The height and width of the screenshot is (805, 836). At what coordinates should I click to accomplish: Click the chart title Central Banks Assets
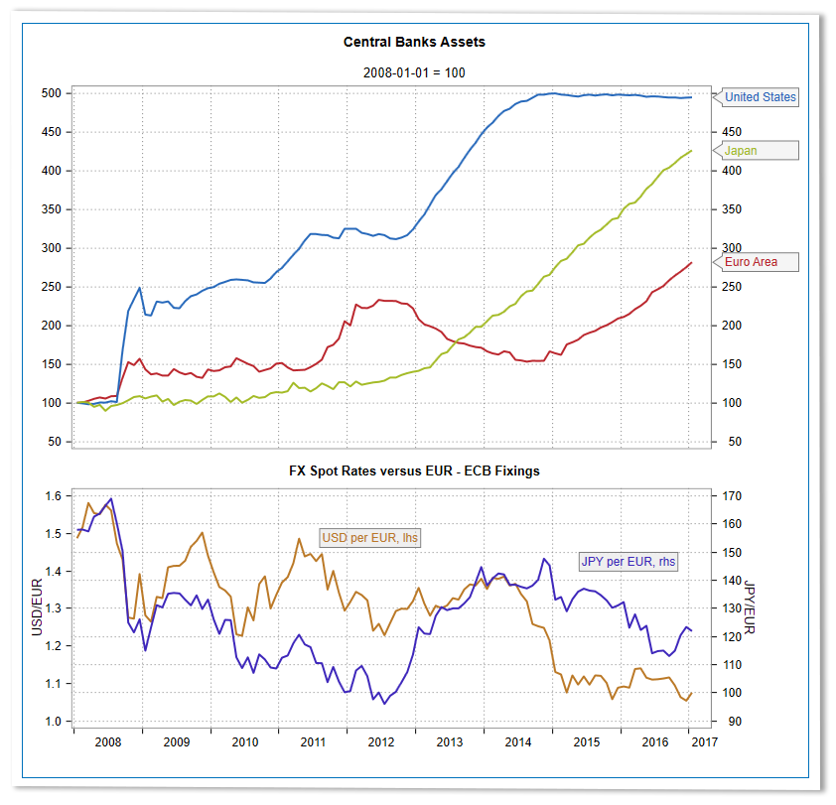[414, 43]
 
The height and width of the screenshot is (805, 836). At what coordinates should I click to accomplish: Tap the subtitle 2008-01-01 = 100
[414, 72]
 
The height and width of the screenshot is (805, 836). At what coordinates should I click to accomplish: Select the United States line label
[760, 97]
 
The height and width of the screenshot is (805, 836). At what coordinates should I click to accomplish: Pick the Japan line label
[741, 151]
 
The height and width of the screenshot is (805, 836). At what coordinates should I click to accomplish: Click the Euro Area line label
[751, 263]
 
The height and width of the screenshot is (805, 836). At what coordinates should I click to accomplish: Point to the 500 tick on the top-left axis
[52, 93]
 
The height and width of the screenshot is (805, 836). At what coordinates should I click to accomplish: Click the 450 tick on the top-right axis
[731, 132]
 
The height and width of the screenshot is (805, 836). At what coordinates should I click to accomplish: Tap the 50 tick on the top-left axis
[56, 442]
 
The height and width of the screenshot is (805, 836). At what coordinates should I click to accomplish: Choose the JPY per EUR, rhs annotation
[628, 561]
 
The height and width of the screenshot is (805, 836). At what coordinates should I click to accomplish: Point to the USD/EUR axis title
[37, 608]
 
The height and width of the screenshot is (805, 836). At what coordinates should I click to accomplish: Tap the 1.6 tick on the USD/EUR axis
[53, 496]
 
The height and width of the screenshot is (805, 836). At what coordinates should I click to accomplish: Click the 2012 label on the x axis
[381, 741]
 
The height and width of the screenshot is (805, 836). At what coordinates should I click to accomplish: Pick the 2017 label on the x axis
[702, 741]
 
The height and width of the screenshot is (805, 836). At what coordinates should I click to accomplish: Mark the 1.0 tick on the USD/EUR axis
[53, 722]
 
